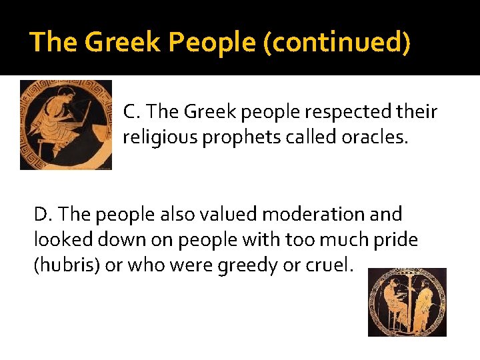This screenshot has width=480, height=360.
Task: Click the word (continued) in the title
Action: [x=337, y=42]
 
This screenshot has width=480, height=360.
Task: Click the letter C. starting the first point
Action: [x=131, y=111]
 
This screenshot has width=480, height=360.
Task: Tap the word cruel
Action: [x=331, y=265]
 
